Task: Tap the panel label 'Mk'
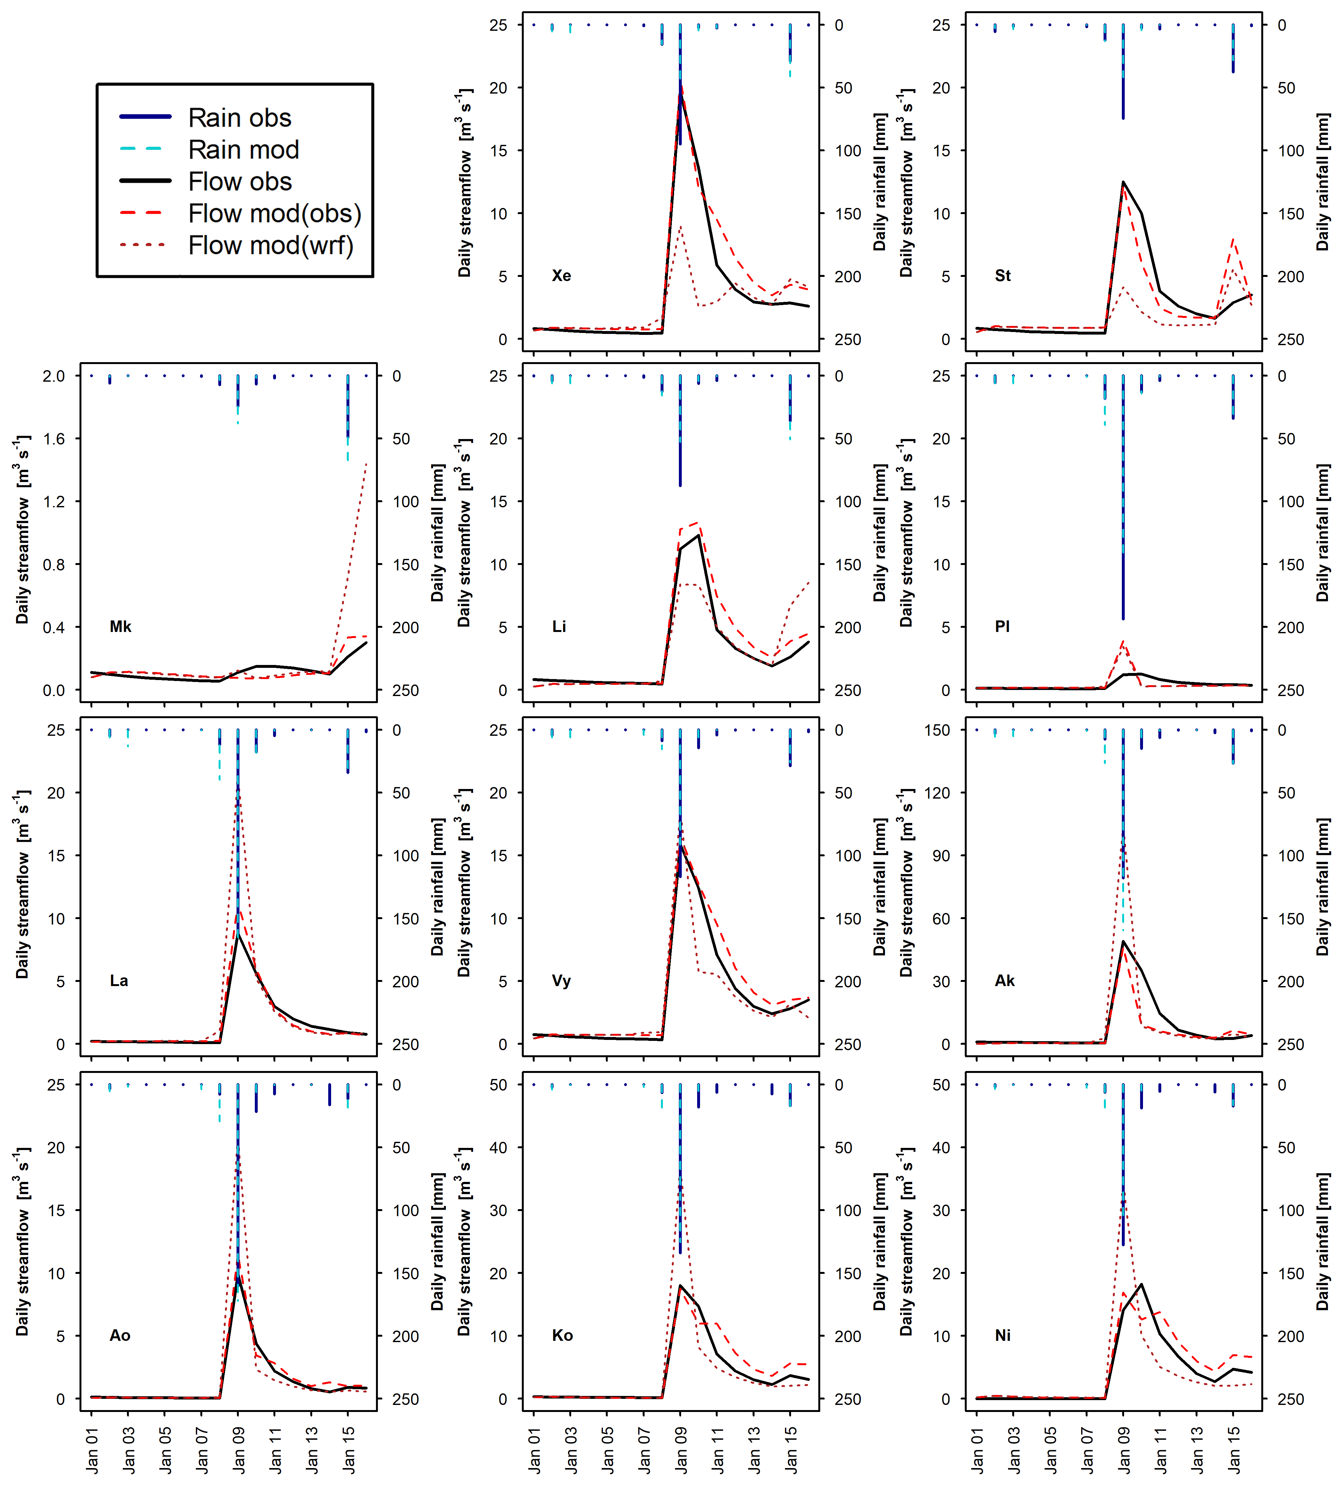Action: click(120, 627)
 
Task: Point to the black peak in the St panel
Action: click(1123, 182)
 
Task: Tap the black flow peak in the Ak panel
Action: click(1123, 941)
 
